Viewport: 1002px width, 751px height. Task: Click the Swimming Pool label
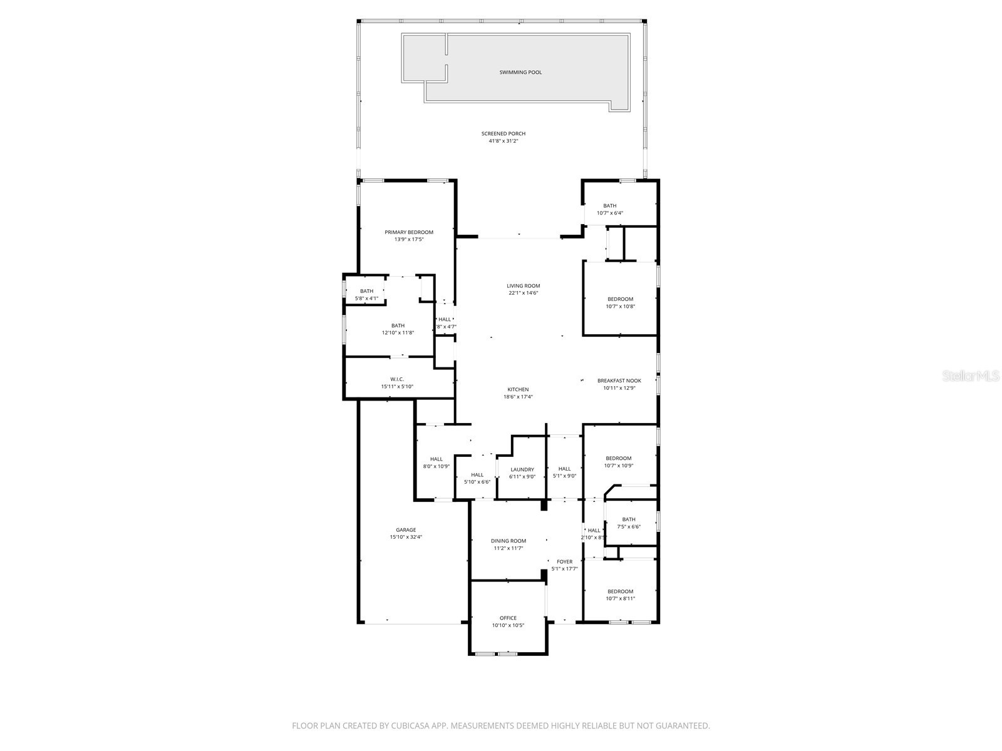[x=520, y=73]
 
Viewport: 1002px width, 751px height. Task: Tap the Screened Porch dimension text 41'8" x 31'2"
[x=503, y=141]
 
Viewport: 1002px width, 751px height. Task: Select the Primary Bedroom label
[x=409, y=232]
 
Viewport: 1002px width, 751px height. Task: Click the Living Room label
[x=523, y=286]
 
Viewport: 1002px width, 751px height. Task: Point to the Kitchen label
[x=518, y=389]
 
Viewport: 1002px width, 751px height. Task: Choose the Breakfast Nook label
[x=619, y=381]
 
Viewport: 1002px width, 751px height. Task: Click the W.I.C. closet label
[x=397, y=379]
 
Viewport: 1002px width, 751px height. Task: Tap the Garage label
[x=406, y=530]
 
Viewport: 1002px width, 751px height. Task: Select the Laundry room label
[x=522, y=469]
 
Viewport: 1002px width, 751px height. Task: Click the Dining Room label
[x=508, y=541]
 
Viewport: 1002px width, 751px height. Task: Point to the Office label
[x=508, y=618]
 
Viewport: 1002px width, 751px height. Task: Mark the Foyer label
[x=564, y=562]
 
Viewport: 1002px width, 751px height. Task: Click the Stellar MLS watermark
[x=971, y=375]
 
